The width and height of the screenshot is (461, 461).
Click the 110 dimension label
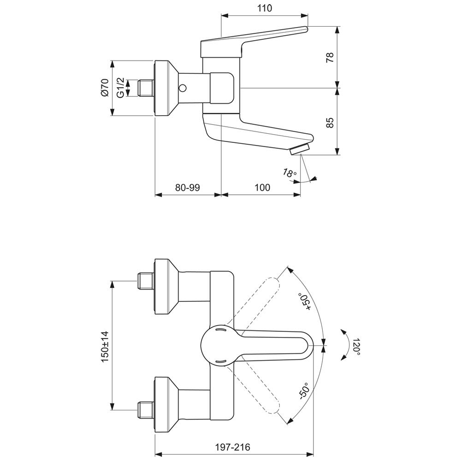265,8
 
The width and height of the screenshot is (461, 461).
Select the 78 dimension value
330,57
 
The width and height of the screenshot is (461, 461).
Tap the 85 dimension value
330,123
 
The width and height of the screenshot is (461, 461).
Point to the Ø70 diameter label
105,87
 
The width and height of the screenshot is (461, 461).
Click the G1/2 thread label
121,88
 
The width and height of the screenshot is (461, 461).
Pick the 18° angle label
290,173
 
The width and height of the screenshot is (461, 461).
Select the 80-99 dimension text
188,187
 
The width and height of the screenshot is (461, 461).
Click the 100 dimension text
262,187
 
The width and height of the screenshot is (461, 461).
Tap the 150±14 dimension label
105,347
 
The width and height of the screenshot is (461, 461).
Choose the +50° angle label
305,301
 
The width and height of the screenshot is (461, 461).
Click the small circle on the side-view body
183,88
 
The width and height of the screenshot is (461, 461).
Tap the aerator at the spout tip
300,149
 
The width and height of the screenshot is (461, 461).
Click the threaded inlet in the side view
146,88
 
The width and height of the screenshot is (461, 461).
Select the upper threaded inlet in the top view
146,281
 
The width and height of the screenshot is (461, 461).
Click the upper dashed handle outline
255,302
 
